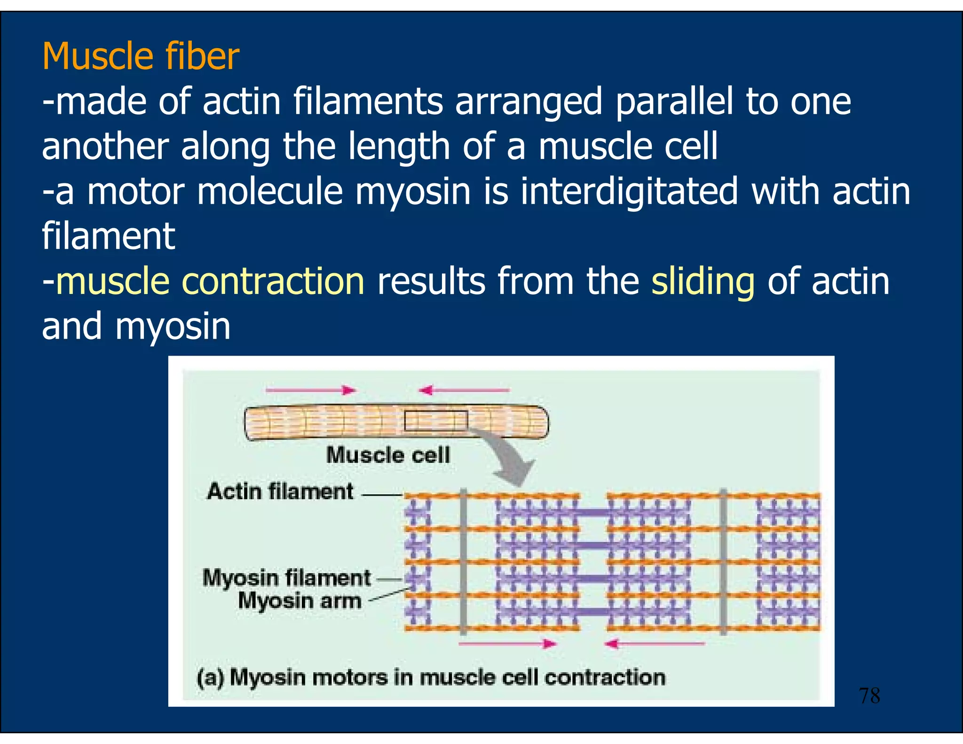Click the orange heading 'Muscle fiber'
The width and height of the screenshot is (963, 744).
coord(141,56)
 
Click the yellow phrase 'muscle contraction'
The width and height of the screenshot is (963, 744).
coord(210,281)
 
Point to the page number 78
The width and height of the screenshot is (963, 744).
coord(869,696)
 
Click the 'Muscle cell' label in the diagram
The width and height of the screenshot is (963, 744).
coord(388,455)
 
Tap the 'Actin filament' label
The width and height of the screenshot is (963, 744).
coord(280,491)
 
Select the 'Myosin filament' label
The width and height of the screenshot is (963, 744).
coord(286,578)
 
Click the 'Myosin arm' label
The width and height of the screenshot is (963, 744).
coord(300,601)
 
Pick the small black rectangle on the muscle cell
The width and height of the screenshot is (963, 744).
coord(436,420)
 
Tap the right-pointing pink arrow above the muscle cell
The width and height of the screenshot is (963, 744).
coord(310,390)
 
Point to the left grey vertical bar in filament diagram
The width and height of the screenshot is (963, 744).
coord(463,562)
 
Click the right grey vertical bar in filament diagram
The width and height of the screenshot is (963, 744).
coord(723,562)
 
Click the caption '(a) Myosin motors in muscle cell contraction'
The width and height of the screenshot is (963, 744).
coord(431,678)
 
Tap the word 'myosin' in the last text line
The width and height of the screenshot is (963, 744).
coord(173,326)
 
